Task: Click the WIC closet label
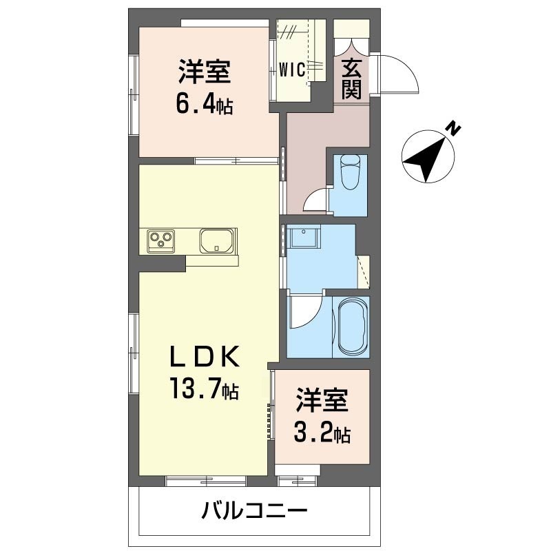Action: [291, 70]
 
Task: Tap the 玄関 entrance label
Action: [351, 79]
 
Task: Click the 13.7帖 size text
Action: [205, 388]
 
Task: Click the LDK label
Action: [205, 356]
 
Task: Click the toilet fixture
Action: [351, 171]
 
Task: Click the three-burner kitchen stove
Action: [161, 240]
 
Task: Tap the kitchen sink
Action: [217, 240]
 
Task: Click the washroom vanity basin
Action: [303, 236]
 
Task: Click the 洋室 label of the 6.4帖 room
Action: [205, 72]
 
